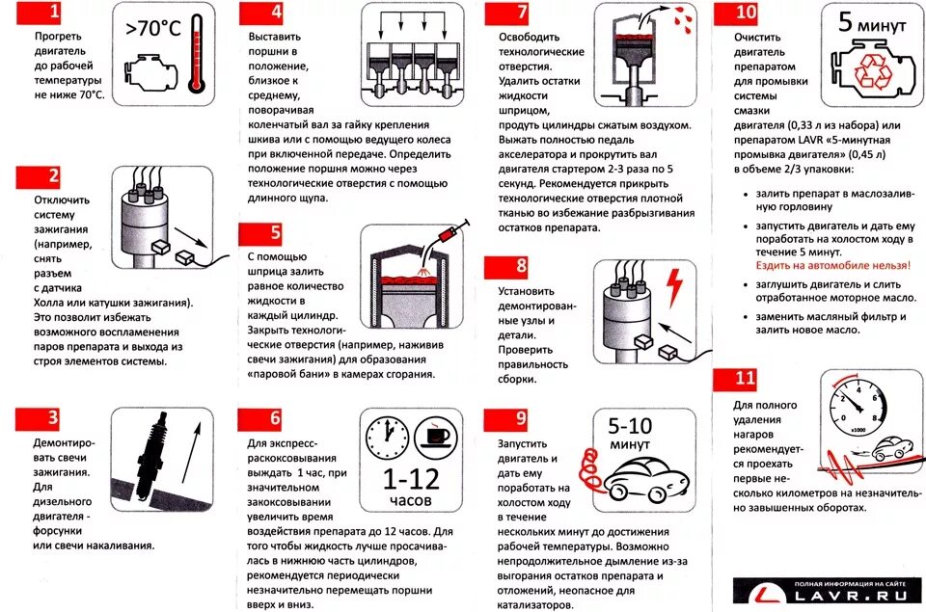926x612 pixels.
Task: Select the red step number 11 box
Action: point(744,379)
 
